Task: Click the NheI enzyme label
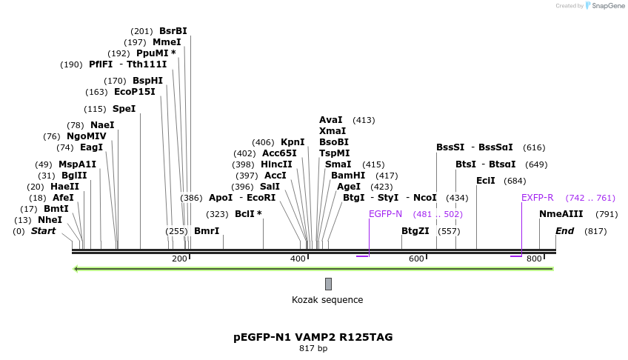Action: [x=50, y=220]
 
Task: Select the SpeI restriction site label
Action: [x=124, y=109]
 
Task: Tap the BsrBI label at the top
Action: [x=173, y=31]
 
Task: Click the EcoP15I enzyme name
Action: [x=135, y=92]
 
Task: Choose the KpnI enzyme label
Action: [x=293, y=142]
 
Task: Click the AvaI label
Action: [x=331, y=120]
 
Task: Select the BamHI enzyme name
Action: [x=348, y=176]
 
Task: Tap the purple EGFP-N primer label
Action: [x=385, y=214]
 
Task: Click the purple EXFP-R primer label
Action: [x=537, y=198]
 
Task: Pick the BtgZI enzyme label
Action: [x=415, y=231]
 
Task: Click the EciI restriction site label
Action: [x=486, y=181]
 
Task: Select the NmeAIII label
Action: [x=561, y=214]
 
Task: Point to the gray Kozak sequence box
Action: [x=328, y=284]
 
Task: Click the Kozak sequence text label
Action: [x=327, y=300]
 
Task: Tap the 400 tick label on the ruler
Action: [x=298, y=259]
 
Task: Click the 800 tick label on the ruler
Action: [x=534, y=259]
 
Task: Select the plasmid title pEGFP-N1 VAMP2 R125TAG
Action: [x=313, y=337]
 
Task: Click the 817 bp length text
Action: [x=313, y=348]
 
